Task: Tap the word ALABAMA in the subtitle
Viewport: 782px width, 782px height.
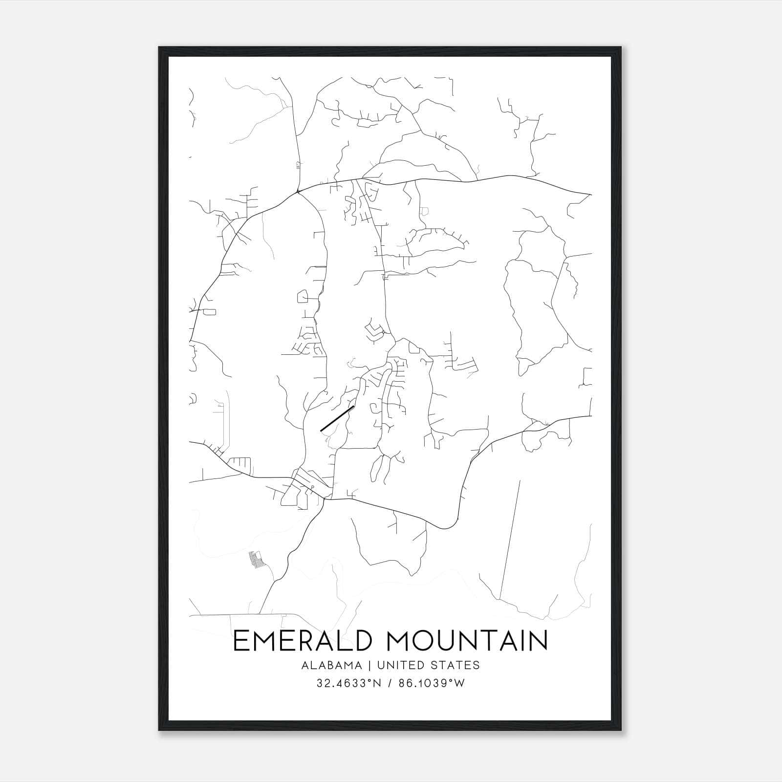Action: pos(332,665)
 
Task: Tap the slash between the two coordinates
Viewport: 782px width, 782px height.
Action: pos(390,683)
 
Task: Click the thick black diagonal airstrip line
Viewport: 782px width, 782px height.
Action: pos(337,418)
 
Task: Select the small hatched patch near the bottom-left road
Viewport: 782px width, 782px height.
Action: pos(255,559)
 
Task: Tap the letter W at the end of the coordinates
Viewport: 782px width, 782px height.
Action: pos(459,683)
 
